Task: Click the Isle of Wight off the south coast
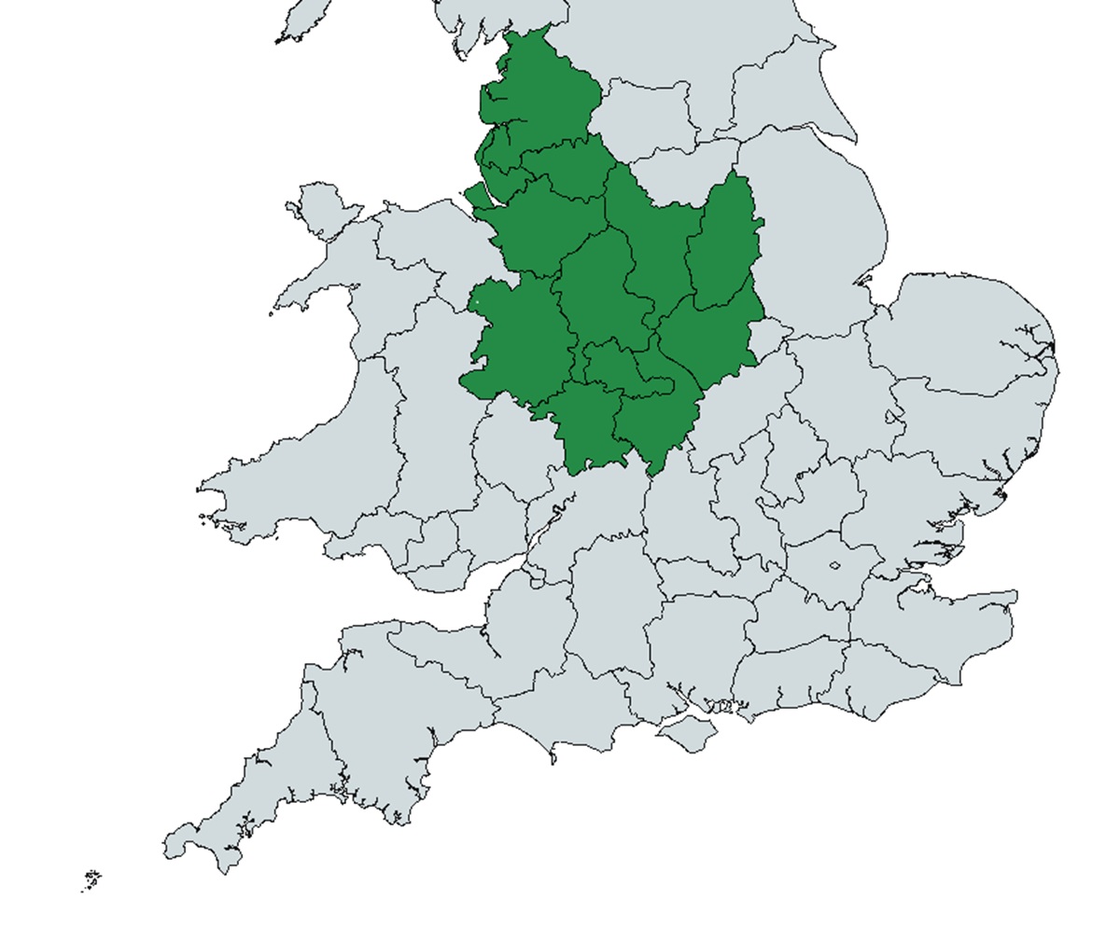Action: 689,734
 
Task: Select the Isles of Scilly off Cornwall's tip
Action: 91,879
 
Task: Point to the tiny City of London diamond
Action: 834,565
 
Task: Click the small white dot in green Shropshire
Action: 475,302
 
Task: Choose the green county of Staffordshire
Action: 597,289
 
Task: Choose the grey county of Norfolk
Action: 971,326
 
